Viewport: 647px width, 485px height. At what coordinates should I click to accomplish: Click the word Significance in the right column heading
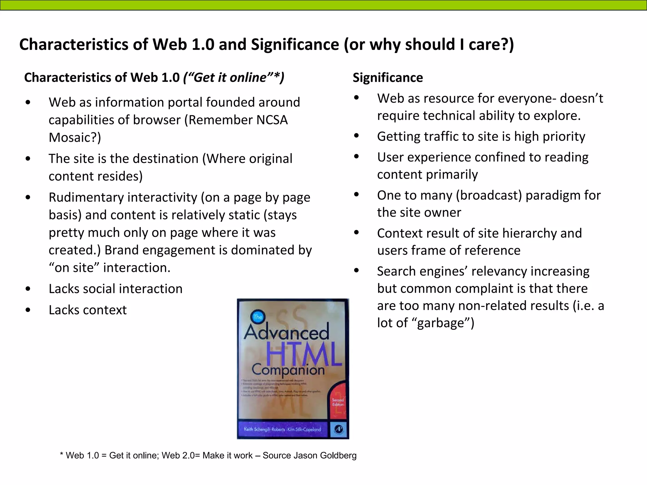(388, 78)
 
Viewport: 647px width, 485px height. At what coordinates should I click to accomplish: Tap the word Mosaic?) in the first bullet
(75, 137)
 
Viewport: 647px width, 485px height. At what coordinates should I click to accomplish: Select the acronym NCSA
(272, 120)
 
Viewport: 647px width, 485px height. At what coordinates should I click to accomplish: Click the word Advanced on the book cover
(286, 332)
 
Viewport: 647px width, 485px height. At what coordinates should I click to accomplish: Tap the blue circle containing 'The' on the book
(258, 317)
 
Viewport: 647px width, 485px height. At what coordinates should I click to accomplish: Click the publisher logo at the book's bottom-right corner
(338, 429)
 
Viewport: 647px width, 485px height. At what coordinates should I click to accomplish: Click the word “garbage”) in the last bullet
(445, 323)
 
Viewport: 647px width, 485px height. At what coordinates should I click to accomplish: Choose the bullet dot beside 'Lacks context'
(28, 310)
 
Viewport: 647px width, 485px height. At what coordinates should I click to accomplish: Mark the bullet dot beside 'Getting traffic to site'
(357, 136)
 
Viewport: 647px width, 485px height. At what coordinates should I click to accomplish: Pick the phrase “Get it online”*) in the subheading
(234, 78)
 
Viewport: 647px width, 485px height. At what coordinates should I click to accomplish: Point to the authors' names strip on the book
(282, 429)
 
